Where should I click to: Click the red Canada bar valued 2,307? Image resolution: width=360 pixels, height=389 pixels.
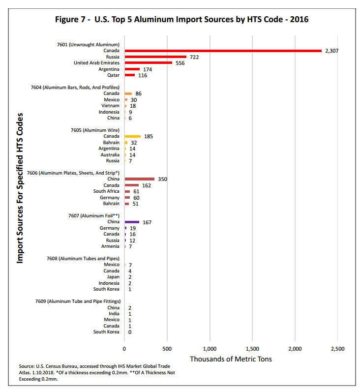click(x=223, y=51)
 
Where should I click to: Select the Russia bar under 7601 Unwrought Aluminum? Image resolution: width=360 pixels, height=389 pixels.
click(x=155, y=57)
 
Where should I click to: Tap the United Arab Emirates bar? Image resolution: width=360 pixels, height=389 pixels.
click(x=149, y=63)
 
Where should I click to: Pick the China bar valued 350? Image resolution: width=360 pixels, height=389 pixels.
click(x=140, y=179)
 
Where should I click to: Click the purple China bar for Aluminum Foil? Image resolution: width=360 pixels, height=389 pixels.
click(x=132, y=222)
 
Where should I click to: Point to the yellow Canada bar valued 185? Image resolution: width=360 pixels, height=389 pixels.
click(x=133, y=136)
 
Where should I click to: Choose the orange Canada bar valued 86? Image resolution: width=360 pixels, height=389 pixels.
click(x=128, y=93)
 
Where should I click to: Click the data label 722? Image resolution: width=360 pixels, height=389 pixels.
click(x=194, y=57)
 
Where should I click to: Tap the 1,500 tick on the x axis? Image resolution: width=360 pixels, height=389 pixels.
click(x=252, y=348)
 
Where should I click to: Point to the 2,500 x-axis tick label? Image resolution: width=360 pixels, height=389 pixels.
click(x=337, y=348)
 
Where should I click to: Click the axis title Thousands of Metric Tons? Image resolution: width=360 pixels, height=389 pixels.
click(x=231, y=359)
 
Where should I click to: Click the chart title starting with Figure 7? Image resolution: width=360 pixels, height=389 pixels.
click(x=181, y=20)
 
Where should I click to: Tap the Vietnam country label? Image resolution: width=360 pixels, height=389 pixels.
click(x=111, y=106)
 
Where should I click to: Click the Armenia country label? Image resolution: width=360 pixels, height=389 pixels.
click(x=110, y=246)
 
